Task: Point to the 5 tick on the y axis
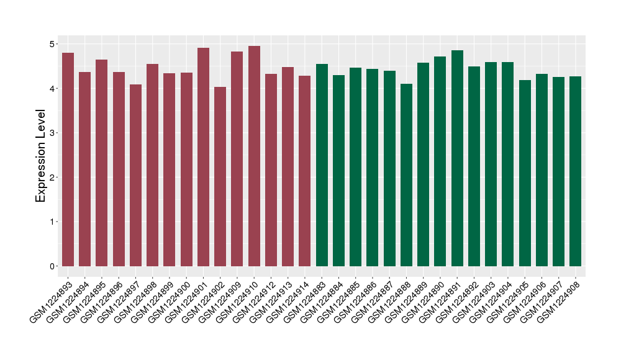(53, 44)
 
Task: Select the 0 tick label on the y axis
(53, 266)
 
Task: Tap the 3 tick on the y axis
(53, 133)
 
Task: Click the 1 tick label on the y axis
(53, 222)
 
